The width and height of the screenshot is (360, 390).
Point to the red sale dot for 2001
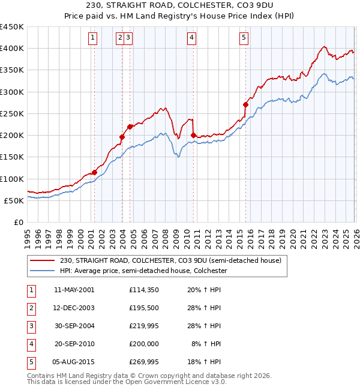(94, 173)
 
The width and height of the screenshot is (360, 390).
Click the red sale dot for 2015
(245, 104)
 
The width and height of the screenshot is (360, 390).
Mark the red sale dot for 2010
(193, 135)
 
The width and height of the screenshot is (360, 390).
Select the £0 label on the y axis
(19, 223)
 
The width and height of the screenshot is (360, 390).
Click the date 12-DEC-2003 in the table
(74, 308)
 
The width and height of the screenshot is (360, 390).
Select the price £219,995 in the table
(144, 326)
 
